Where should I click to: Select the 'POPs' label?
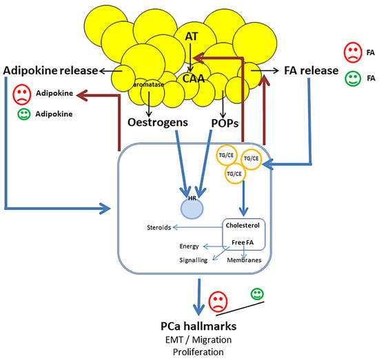pos(223,123)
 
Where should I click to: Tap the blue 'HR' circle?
pos(183,204)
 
